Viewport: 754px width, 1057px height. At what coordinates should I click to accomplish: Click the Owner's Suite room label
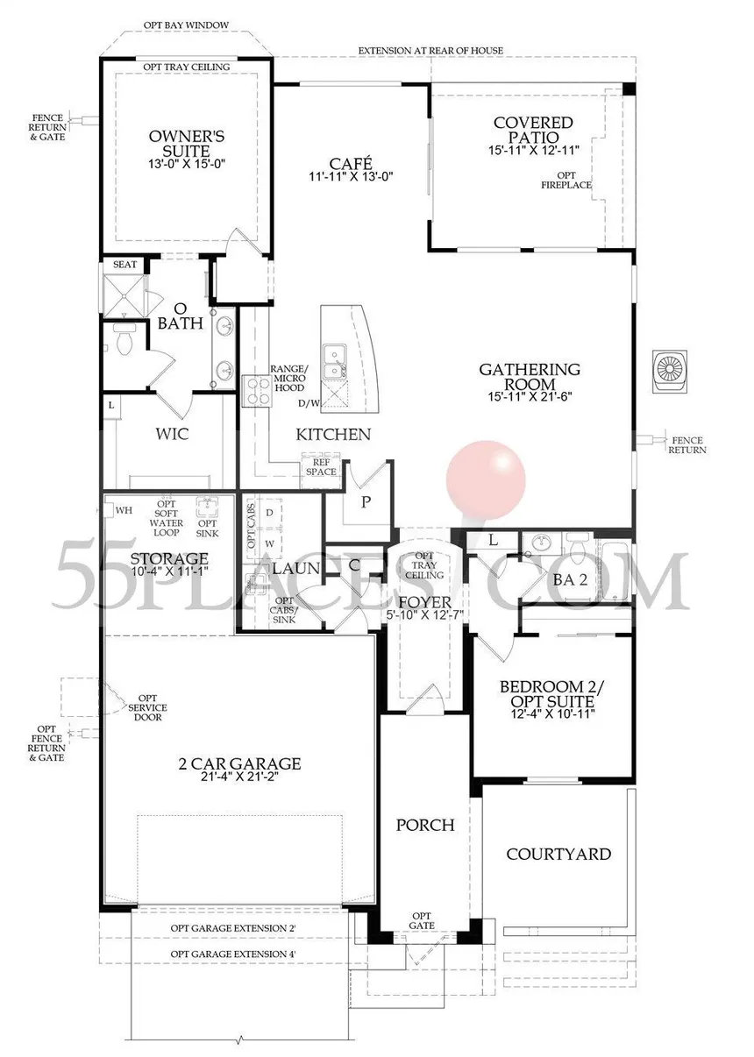pos(187,144)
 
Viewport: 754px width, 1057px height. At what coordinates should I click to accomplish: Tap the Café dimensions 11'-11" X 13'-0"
pos(351,176)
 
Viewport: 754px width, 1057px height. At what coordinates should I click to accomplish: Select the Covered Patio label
pos(533,130)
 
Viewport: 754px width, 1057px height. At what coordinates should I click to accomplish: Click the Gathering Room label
pos(530,376)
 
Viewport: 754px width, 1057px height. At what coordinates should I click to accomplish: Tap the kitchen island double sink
pos(335,361)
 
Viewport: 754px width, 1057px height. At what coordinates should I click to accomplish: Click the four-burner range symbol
pos(256,390)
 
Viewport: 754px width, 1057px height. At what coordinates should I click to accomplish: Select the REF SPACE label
pos(321,467)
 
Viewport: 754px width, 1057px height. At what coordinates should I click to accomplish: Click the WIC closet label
pos(172,434)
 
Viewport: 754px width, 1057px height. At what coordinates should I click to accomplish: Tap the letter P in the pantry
pos(366,502)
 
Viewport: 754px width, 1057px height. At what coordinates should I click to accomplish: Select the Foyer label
pos(425,602)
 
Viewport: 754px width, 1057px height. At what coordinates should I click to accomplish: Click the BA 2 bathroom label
pos(570,579)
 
